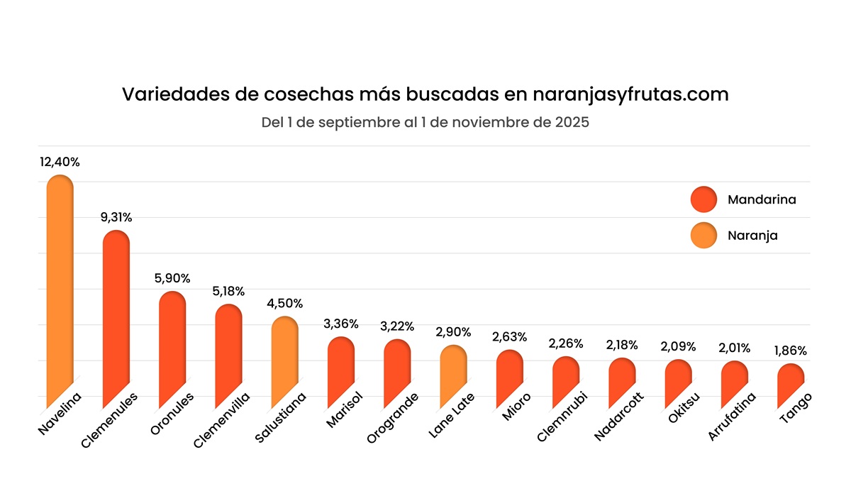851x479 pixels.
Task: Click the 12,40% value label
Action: pos(60,163)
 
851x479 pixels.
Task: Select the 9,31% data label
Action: pos(116,218)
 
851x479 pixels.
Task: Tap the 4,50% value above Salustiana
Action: pos(285,304)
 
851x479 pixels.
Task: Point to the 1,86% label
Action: pos(791,351)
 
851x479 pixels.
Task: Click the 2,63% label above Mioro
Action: pos(510,337)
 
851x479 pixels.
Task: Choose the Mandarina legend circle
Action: pos(703,200)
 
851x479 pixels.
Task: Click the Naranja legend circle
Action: pos(703,236)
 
